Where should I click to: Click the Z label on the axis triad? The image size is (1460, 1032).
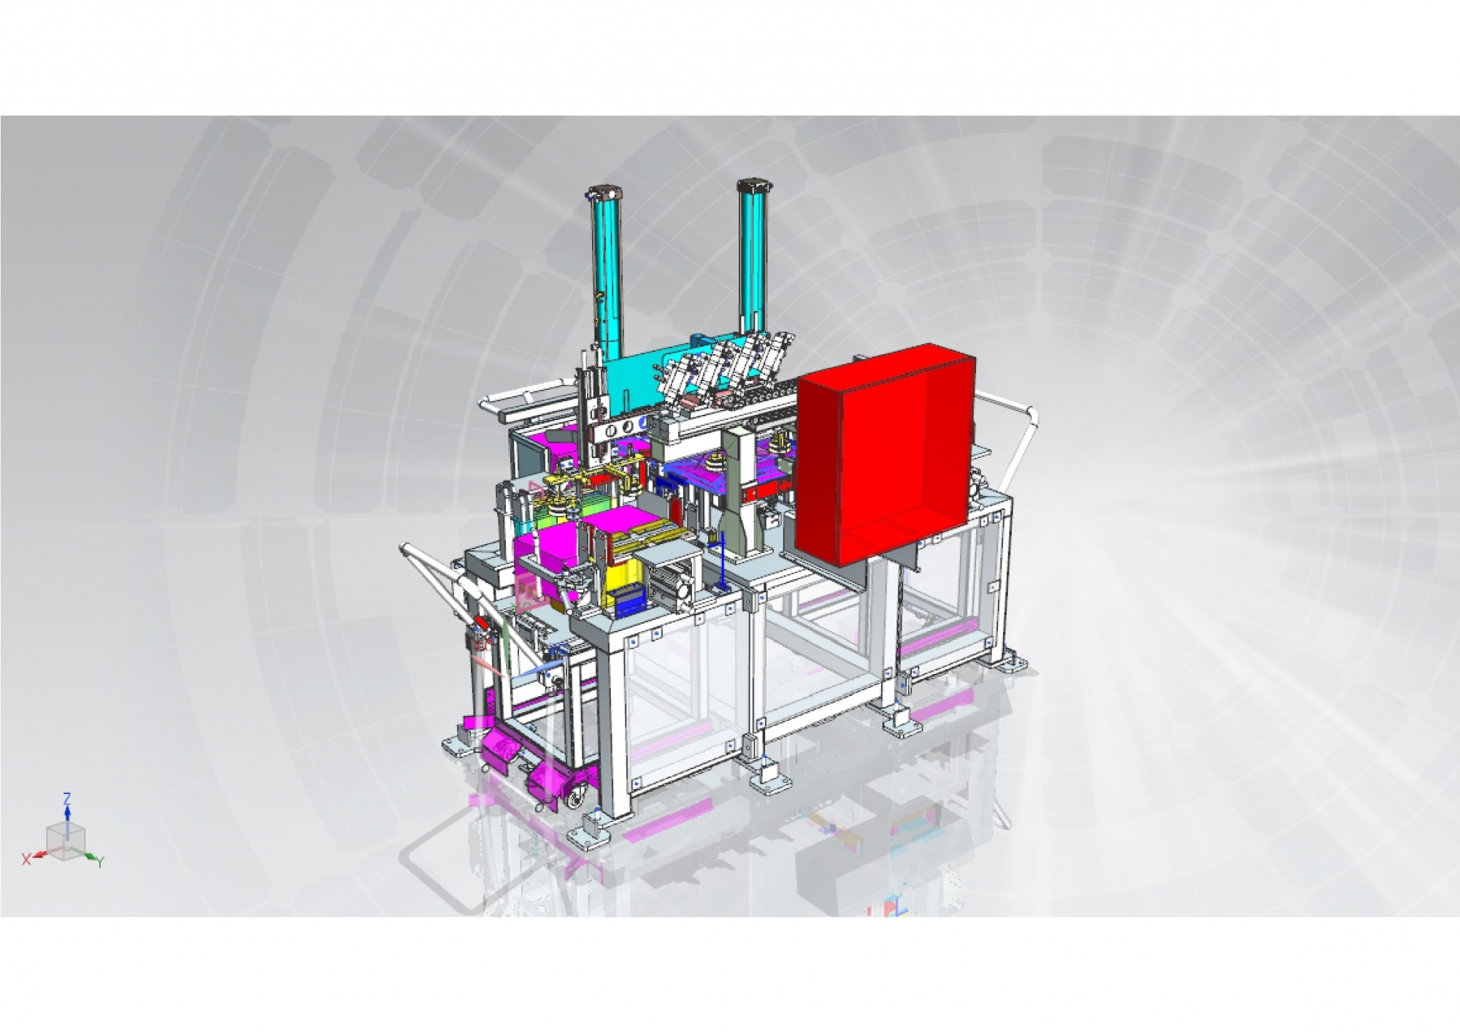click(x=67, y=798)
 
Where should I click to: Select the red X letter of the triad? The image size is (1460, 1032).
click(x=26, y=860)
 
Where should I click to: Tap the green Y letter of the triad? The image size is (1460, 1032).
click(x=100, y=863)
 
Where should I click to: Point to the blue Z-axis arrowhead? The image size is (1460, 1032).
click(x=67, y=810)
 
